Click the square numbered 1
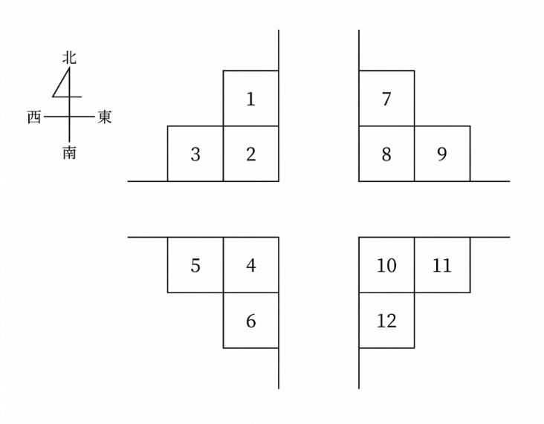[251, 99]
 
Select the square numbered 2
[251, 154]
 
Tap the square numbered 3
[195, 154]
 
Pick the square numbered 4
[251, 265]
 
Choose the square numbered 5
[195, 265]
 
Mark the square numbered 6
[251, 320]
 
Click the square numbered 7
[386, 99]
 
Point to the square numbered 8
[386, 154]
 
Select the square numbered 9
[442, 154]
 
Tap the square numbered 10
[386, 265]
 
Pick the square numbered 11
[442, 265]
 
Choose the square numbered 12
[386, 320]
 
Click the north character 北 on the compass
[69, 58]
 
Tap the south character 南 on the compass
[69, 152]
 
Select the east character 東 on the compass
[105, 117]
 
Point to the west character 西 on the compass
[34, 117]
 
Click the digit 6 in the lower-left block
[251, 321]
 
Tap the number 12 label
[386, 321]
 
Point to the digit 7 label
[386, 99]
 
